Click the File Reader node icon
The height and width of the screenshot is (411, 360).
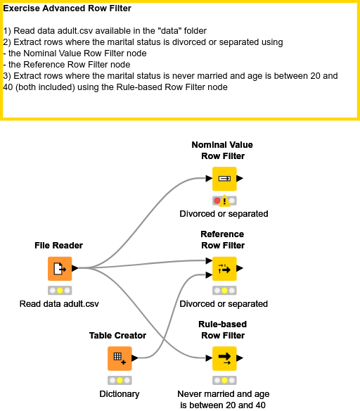coord(60,268)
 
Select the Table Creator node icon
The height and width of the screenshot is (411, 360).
coord(119,358)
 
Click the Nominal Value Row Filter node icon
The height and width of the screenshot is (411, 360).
coord(224,179)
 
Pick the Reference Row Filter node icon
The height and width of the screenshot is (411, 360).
coord(224,269)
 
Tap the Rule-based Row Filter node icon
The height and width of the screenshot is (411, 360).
coord(224,358)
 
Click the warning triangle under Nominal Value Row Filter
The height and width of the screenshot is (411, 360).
coord(225,202)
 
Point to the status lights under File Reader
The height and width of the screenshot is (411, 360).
coord(60,290)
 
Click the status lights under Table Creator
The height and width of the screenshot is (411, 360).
coord(119,380)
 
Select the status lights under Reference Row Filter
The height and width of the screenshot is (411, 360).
coord(224,290)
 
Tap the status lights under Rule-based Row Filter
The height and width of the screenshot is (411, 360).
coord(224,380)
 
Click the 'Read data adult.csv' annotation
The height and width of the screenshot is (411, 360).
coord(60,304)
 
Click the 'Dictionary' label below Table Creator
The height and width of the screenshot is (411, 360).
coord(119,394)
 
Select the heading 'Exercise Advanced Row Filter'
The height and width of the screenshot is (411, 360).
coord(67,9)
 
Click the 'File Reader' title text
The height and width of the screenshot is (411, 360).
coord(59,246)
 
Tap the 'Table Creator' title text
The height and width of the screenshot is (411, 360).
coord(117,336)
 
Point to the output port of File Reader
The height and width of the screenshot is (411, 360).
coord(75,268)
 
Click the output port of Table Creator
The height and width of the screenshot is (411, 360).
coord(134,358)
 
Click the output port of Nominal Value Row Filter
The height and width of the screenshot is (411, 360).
coord(240,179)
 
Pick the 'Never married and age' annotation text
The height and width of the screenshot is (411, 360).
coord(223,394)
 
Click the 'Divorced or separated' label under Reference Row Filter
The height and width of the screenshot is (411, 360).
coord(224,304)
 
